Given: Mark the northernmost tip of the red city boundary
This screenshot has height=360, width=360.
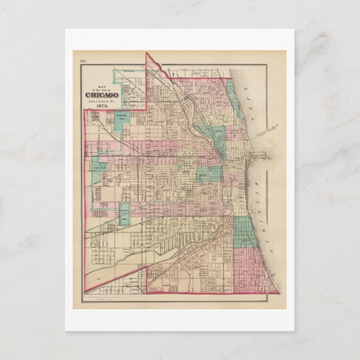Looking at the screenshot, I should [146, 54].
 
